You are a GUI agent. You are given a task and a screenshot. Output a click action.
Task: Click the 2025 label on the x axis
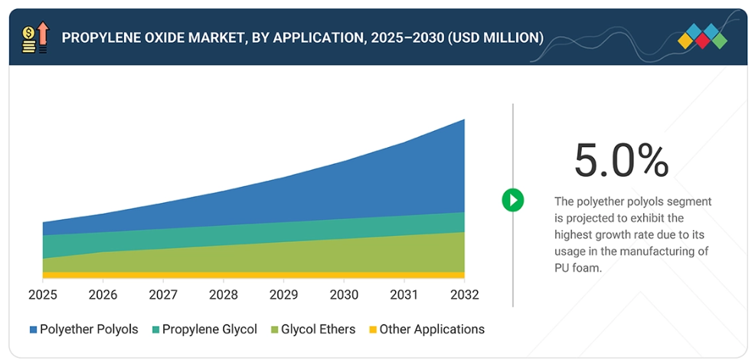coord(42,296)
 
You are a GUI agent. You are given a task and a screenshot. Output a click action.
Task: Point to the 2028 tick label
coord(224,296)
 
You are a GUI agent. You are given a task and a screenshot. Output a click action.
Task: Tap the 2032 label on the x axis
coord(464,296)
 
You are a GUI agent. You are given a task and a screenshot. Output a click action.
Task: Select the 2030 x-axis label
coord(344,296)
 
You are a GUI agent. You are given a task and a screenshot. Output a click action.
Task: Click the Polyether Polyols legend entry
coord(89,329)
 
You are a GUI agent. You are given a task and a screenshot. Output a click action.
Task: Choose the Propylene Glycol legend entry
coord(209,329)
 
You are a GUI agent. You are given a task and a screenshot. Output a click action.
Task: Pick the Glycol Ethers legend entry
coord(318,329)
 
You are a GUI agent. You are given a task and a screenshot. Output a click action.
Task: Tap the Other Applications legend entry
coord(432,329)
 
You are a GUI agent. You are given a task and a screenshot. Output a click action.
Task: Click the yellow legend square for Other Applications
coord(373,330)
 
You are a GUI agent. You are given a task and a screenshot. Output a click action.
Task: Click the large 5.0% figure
coord(621,160)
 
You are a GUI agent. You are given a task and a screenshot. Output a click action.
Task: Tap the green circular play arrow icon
coord(512,200)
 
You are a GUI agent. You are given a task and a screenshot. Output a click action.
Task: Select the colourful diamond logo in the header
coord(702,37)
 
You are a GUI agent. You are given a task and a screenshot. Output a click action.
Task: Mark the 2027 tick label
coord(163,296)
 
